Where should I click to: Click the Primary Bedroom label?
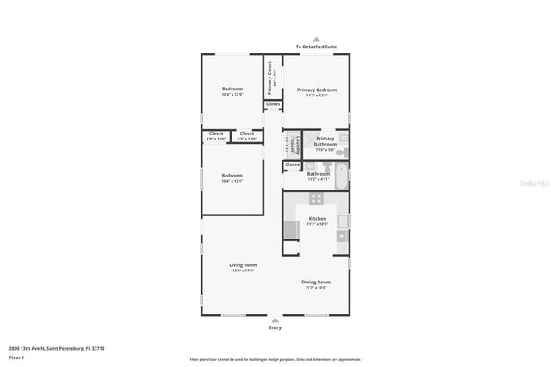point(317,90)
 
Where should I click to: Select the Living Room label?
point(243,264)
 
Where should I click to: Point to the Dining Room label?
point(315,282)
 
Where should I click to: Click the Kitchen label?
point(317,219)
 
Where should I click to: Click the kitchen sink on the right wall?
point(343,221)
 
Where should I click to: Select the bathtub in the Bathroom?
point(343,177)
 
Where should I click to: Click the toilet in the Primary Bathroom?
point(342,152)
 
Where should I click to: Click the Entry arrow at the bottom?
point(275,318)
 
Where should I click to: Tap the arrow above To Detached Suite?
point(316,39)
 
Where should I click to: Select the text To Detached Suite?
point(316,47)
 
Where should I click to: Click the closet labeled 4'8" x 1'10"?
point(215,135)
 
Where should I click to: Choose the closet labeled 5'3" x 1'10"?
point(246,135)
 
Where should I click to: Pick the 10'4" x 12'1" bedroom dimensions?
point(232,181)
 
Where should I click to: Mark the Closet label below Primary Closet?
point(272,104)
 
